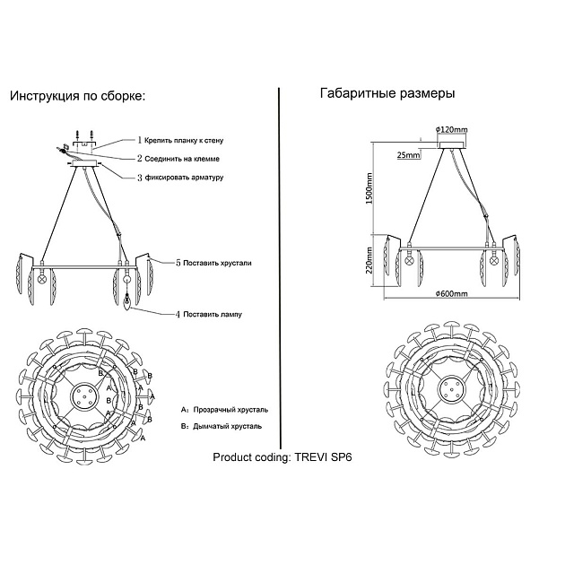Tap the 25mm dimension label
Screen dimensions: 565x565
407,155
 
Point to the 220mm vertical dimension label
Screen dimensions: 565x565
369,260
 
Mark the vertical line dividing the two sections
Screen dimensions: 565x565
282,269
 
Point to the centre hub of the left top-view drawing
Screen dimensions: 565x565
83,395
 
